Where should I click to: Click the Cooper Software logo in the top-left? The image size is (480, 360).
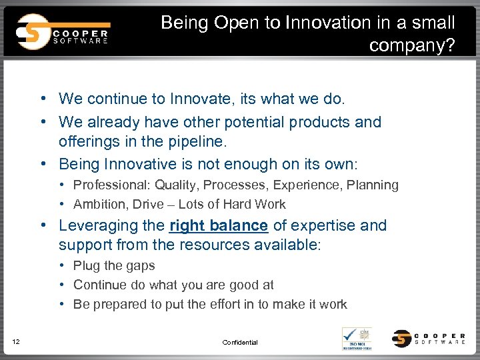[63, 31]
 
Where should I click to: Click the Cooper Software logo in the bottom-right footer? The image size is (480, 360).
[428, 338]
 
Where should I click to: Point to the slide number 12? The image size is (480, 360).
[16, 342]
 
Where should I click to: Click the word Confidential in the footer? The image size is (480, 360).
[239, 342]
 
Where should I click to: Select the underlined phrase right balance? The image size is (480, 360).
[219, 225]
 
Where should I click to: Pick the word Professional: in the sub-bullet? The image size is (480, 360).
[111, 185]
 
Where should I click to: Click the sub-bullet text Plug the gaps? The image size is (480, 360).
[114, 265]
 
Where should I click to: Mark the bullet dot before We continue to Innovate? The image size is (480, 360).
[42, 99]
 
